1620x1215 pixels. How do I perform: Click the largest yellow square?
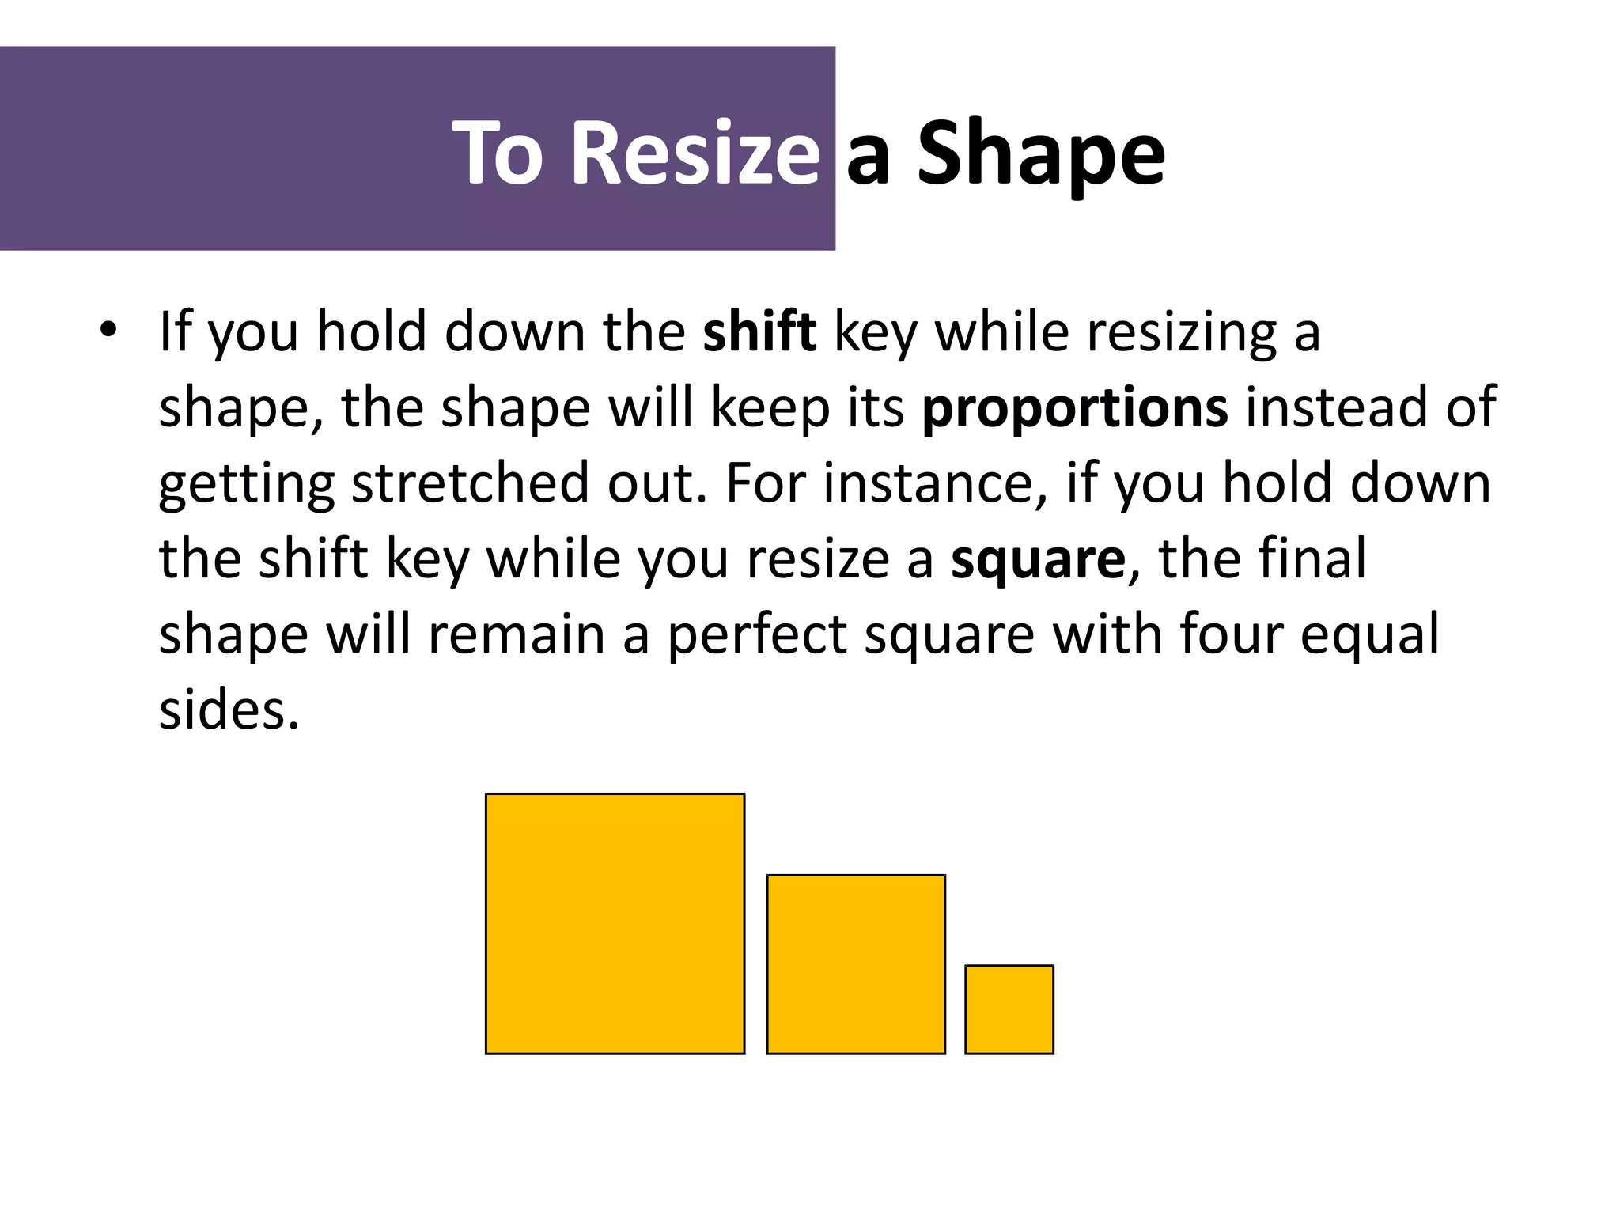pyautogui.click(x=615, y=923)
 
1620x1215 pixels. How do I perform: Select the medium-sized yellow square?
pyautogui.click(x=856, y=963)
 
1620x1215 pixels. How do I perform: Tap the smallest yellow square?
pyautogui.click(x=1009, y=1009)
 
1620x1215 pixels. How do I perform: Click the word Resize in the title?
pyautogui.click(x=695, y=152)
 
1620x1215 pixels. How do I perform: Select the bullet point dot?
pyautogui.click(x=108, y=331)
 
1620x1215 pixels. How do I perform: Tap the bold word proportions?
pyautogui.click(x=1075, y=407)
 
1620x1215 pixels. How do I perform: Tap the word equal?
pyautogui.click(x=1369, y=635)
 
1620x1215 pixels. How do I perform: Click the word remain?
pyautogui.click(x=516, y=635)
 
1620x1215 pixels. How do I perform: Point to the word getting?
pyautogui.click(x=247, y=484)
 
